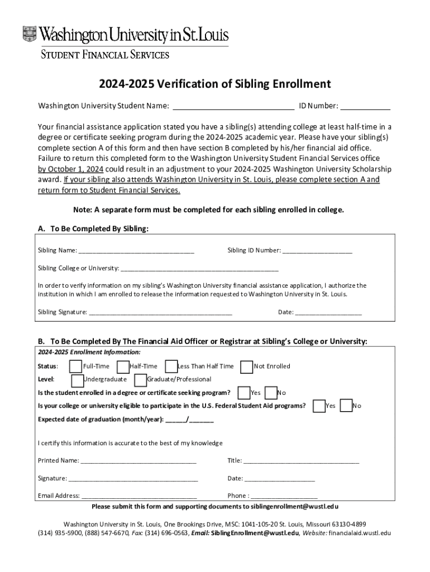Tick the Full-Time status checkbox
[75, 366]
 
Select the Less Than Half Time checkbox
[171, 366]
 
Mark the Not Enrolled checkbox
[246, 366]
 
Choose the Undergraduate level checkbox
[78, 380]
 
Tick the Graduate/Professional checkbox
[141, 380]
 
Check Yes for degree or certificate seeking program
[244, 393]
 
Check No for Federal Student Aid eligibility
[346, 406]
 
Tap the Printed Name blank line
[138, 462]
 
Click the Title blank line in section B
[301, 462]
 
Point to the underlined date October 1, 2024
[70, 169]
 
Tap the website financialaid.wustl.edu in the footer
[360, 533]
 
